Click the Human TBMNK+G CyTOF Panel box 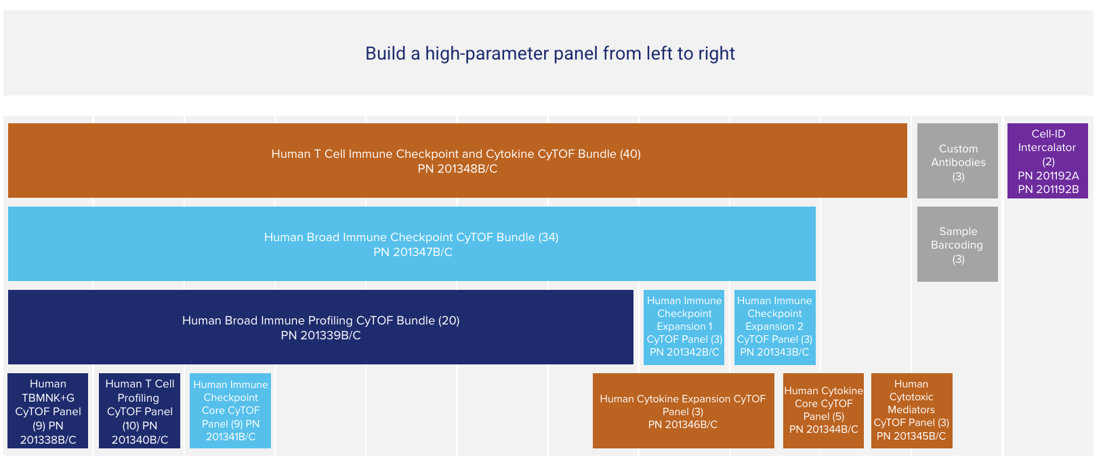point(48,410)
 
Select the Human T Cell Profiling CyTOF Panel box point(140,410)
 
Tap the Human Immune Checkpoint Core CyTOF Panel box point(230,410)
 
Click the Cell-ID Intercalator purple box point(1047,161)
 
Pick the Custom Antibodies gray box point(957,161)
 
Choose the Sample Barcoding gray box point(957,244)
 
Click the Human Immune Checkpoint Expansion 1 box point(684,326)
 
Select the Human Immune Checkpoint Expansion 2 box point(774,326)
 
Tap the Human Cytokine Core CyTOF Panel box point(823,410)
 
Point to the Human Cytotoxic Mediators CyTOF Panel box point(911,410)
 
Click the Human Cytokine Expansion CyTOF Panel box point(683,410)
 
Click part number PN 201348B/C point(457,169)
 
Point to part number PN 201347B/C point(413,252)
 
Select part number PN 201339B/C point(320,335)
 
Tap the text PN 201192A point(1048,175)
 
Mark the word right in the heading point(717,54)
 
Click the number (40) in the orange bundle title point(630,154)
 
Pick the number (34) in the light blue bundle point(548,237)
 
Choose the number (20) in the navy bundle point(449,320)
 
